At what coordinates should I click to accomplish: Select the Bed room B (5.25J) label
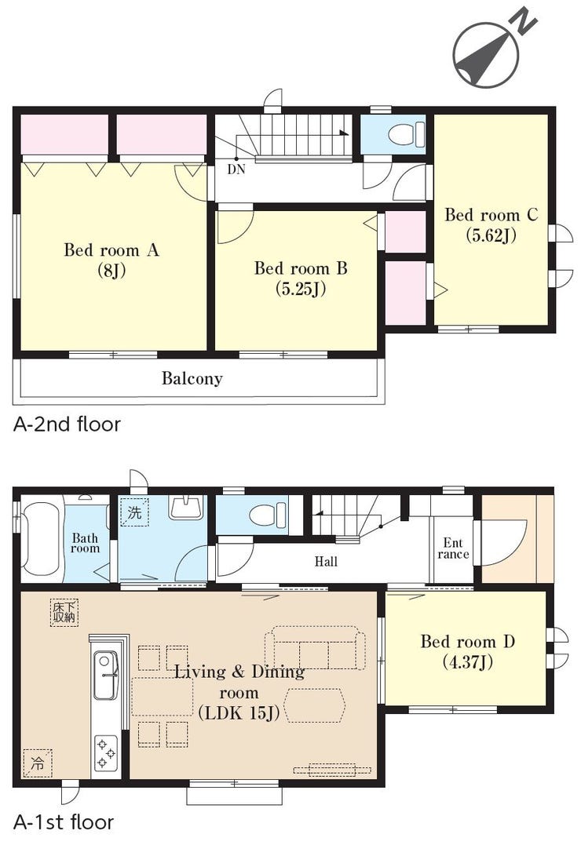pyautogui.click(x=301, y=278)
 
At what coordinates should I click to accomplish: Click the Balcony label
pyautogui.click(x=192, y=378)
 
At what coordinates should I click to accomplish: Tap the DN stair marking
pyautogui.click(x=236, y=169)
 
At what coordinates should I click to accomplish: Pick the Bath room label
pyautogui.click(x=86, y=543)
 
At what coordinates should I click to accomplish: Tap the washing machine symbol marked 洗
pyautogui.click(x=134, y=512)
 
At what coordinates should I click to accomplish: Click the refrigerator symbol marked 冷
pyautogui.click(x=38, y=763)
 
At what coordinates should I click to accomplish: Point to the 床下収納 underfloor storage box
pyautogui.click(x=64, y=612)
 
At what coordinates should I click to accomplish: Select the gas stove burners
pyautogui.click(x=106, y=753)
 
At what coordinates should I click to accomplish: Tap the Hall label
pyautogui.click(x=326, y=562)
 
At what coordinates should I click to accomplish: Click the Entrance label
pyautogui.click(x=453, y=548)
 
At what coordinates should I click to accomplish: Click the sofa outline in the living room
pyautogui.click(x=315, y=648)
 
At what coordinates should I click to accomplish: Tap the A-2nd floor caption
pyautogui.click(x=67, y=424)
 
